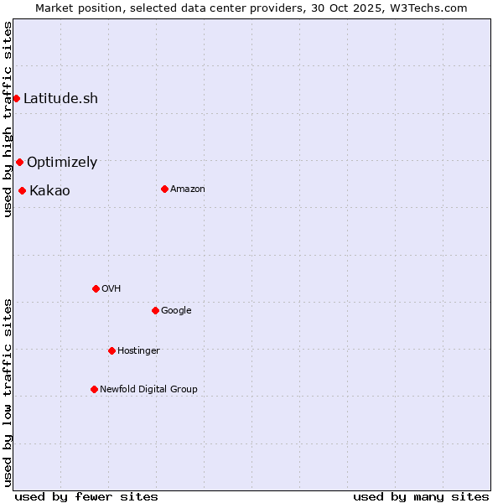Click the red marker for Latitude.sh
tap(16, 99)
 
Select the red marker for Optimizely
tap(19, 163)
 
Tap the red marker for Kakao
tap(22, 191)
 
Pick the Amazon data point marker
tap(164, 189)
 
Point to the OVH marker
tap(96, 289)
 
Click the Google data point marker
tap(155, 311)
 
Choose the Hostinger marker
tap(111, 351)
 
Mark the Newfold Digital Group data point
tap(94, 390)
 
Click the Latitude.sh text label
tap(60, 99)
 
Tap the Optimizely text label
tap(62, 163)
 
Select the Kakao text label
tap(49, 191)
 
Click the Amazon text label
tap(188, 189)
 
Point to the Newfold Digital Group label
tap(148, 390)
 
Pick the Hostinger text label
tap(138, 351)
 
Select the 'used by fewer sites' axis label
tap(86, 496)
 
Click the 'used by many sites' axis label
tap(421, 496)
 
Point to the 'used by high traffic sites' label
tap(8, 119)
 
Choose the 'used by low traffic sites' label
tap(8, 392)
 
